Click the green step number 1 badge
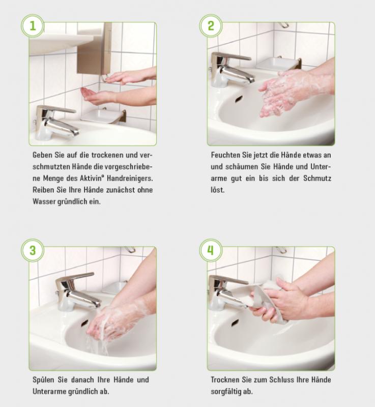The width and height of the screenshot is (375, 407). pos(33,26)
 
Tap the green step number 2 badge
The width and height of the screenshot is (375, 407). pos(211,26)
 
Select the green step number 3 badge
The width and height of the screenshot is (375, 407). pos(33,250)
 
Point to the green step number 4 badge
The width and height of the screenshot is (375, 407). pos(211,250)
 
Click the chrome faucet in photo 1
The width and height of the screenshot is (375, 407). pos(56,122)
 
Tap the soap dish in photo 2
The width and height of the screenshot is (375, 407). pos(277,64)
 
